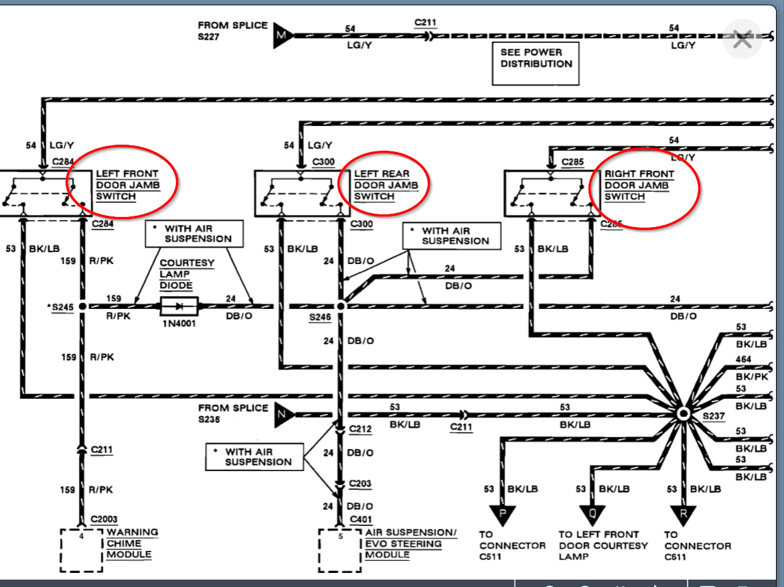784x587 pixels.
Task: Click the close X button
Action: (x=742, y=40)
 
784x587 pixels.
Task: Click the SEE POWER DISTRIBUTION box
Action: (x=536, y=63)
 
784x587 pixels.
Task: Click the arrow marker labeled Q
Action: (x=592, y=515)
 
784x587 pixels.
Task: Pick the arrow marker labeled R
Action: (x=683, y=515)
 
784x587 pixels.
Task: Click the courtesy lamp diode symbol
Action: (x=179, y=306)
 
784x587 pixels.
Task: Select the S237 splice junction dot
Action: (x=683, y=413)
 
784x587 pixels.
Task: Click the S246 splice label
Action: (x=320, y=317)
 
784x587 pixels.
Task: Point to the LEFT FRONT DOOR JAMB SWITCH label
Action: (x=127, y=185)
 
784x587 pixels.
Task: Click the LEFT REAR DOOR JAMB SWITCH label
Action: (x=382, y=185)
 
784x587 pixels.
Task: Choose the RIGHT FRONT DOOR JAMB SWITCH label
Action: (x=639, y=185)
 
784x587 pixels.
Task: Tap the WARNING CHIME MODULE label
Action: (x=133, y=543)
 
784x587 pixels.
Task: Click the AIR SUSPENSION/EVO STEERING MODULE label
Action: (x=410, y=543)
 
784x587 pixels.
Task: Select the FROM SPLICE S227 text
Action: (x=232, y=31)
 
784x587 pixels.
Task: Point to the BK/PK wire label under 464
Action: (x=751, y=377)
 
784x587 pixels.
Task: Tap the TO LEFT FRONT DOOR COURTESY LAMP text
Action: (x=603, y=545)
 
